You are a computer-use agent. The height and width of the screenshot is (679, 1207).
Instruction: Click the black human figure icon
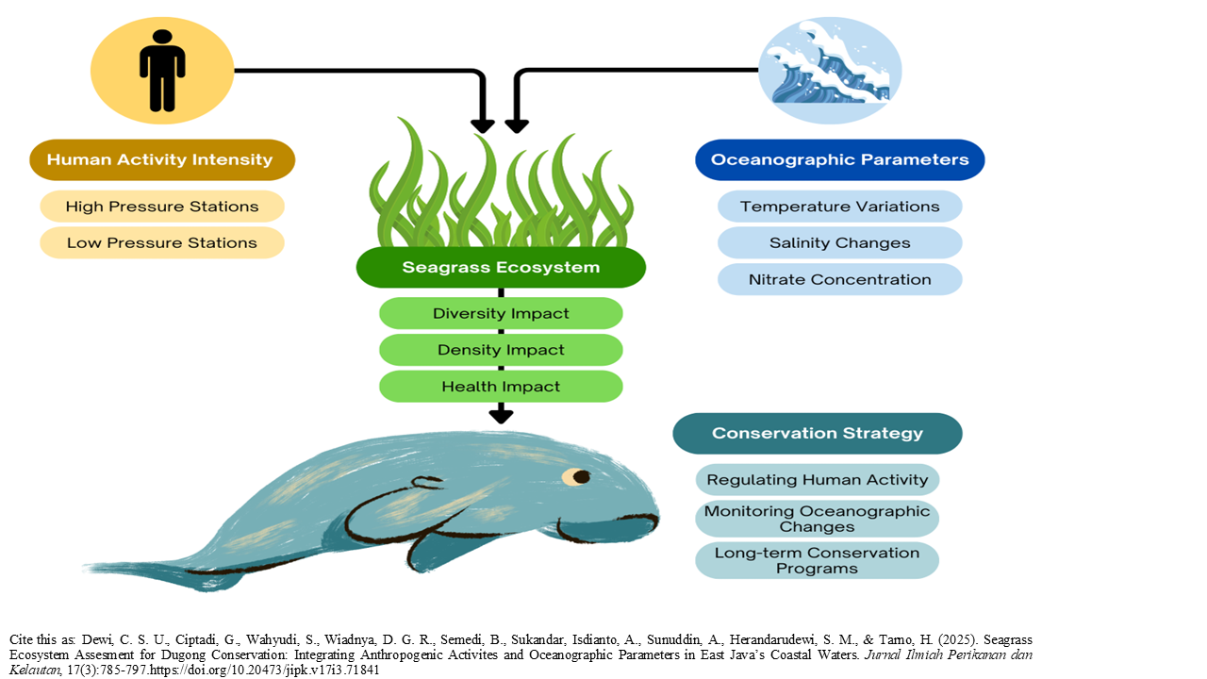tap(162, 71)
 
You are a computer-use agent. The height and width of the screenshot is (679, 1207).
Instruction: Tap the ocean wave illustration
tap(830, 71)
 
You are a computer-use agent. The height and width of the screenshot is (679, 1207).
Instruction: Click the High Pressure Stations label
tap(162, 207)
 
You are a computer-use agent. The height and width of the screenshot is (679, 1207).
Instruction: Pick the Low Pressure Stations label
tap(162, 242)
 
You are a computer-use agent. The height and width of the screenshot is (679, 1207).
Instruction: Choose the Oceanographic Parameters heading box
tap(839, 159)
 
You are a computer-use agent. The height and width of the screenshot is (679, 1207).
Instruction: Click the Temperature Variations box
tap(839, 207)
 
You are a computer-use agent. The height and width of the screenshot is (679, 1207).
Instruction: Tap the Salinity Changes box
tap(839, 242)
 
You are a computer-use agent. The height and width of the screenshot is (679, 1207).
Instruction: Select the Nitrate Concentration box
tap(839, 279)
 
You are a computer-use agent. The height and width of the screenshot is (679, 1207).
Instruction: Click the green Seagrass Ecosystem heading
tap(501, 268)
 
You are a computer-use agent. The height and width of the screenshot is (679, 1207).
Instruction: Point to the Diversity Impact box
tap(501, 313)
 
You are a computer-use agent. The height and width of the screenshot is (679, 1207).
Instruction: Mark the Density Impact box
tap(501, 350)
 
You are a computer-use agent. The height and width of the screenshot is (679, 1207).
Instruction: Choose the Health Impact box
tap(501, 387)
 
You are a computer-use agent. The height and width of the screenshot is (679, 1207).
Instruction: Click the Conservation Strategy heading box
tap(817, 434)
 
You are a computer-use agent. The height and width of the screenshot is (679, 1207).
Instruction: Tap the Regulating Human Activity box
tap(817, 479)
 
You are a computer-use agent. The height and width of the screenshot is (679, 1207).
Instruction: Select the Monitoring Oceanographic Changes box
tap(817, 519)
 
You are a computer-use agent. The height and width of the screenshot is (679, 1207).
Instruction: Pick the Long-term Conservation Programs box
tap(817, 560)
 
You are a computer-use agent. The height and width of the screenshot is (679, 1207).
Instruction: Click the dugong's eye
tap(580, 476)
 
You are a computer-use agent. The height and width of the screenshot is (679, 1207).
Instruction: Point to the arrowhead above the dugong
tap(501, 414)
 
